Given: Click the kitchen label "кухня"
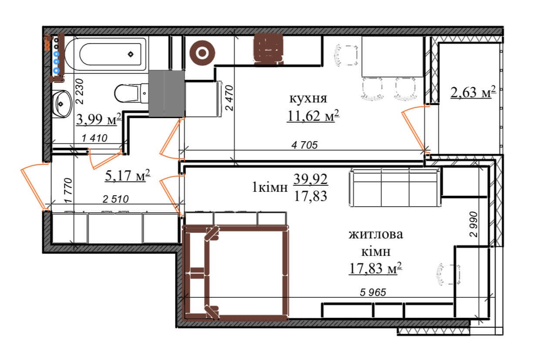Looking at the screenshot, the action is pos(308,98).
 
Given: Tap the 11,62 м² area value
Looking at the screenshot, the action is pos(313,116).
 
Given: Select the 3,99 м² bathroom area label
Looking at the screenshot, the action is pos(99,119).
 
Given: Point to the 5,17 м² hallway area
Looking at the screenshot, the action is pos(128,176).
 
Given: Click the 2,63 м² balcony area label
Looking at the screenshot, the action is pos(473,92).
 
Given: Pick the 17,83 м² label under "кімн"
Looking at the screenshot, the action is pos(375,268).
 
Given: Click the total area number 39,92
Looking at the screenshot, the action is pos(310,179).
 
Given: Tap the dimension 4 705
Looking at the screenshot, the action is pos(304,145).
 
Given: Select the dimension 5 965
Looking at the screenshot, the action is pos(373,292).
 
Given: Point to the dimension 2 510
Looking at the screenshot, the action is pos(116,199).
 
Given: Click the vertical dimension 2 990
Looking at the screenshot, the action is pos(473,224).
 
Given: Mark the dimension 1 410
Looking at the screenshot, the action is pos(94,138).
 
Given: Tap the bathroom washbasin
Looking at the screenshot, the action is pos(62,104).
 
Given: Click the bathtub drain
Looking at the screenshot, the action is pos(131,54).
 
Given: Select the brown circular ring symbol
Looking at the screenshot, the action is pos(202,53).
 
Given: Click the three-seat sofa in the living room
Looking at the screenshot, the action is pos(395,187).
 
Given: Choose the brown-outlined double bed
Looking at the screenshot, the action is pos(236,273).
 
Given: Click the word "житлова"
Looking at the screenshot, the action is pos(376,234).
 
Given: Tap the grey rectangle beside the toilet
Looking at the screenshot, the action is pos(166,93).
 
